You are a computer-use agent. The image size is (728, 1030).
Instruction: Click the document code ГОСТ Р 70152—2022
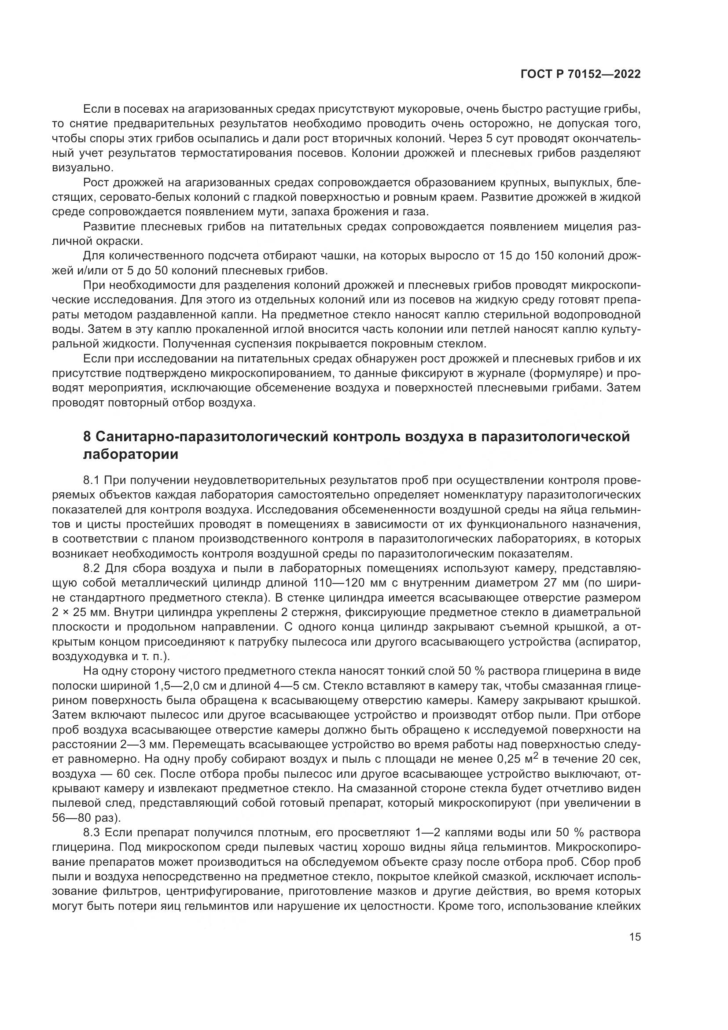(x=580, y=74)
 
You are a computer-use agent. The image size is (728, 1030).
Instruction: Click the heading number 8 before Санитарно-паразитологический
(x=88, y=436)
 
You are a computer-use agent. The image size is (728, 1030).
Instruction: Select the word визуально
(x=83, y=168)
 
